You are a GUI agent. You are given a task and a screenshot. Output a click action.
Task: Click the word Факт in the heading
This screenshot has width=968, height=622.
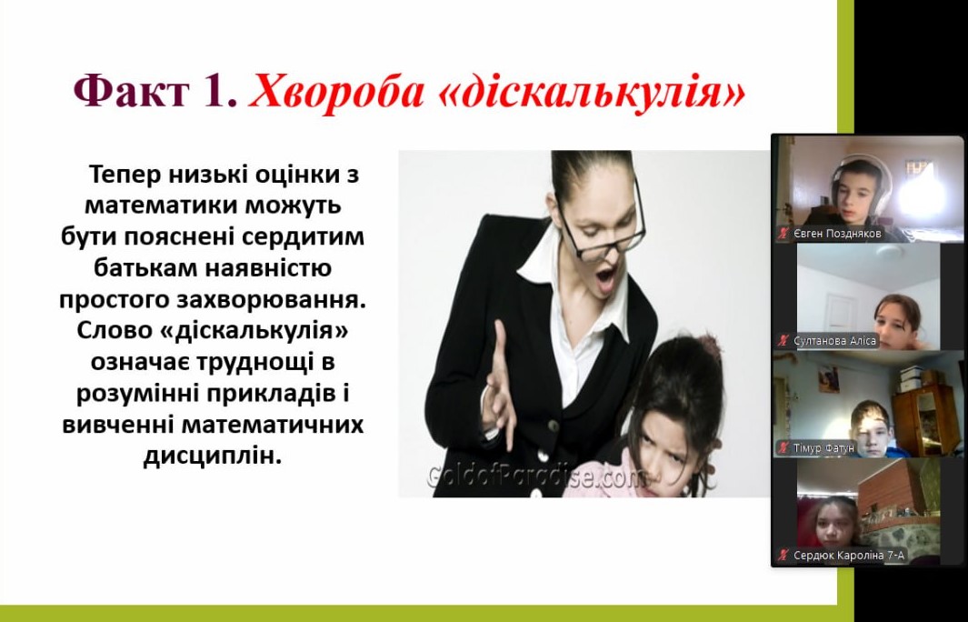tap(131, 92)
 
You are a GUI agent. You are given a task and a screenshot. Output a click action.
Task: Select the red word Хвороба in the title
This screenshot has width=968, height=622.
tap(335, 92)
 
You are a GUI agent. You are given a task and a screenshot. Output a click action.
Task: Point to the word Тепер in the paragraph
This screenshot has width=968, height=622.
tap(127, 176)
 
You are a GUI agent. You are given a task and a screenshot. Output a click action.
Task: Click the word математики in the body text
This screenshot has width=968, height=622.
tap(161, 206)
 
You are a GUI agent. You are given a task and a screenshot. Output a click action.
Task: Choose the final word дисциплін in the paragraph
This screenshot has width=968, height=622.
tap(213, 456)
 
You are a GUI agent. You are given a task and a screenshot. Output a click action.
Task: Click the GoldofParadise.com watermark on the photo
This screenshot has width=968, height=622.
tap(536, 477)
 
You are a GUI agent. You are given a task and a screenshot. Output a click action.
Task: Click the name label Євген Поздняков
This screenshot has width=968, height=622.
tap(838, 234)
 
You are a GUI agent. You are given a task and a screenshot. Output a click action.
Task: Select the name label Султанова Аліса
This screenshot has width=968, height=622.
tap(834, 340)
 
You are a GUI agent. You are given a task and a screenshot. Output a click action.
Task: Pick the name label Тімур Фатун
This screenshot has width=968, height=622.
tap(823, 447)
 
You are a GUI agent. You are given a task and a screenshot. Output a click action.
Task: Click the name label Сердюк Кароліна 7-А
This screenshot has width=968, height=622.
tap(849, 556)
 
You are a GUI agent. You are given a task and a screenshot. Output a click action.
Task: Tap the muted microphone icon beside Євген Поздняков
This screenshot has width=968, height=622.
tap(784, 234)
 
